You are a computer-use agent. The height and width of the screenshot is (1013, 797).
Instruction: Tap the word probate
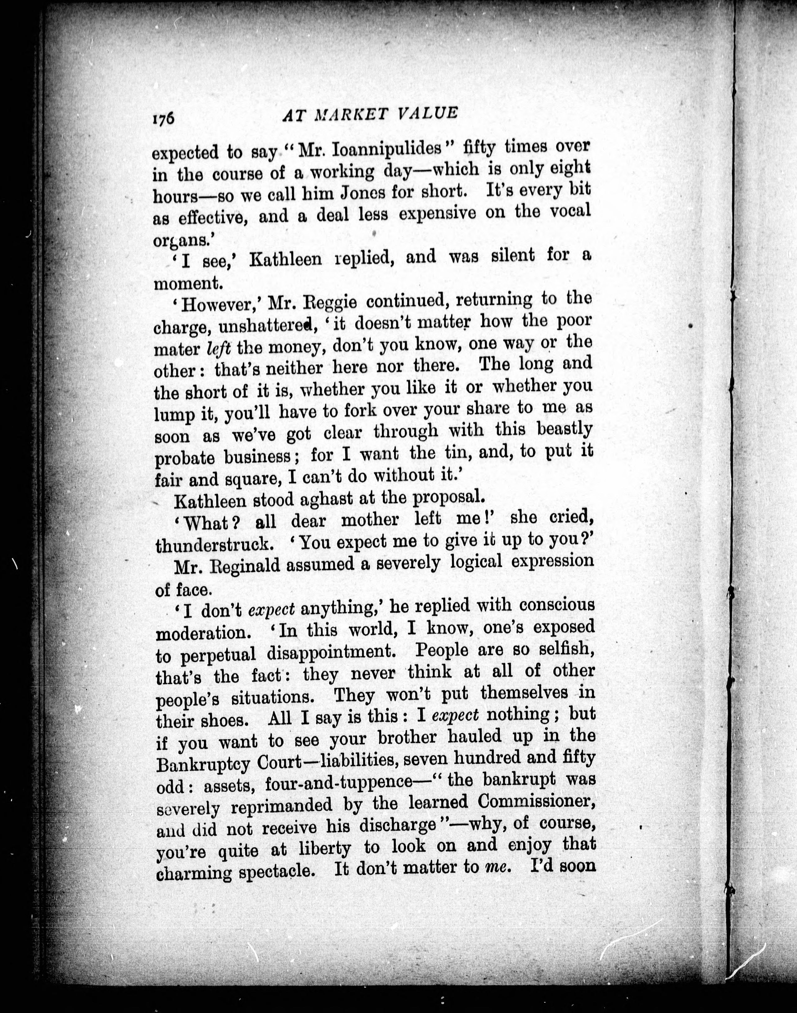184,458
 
